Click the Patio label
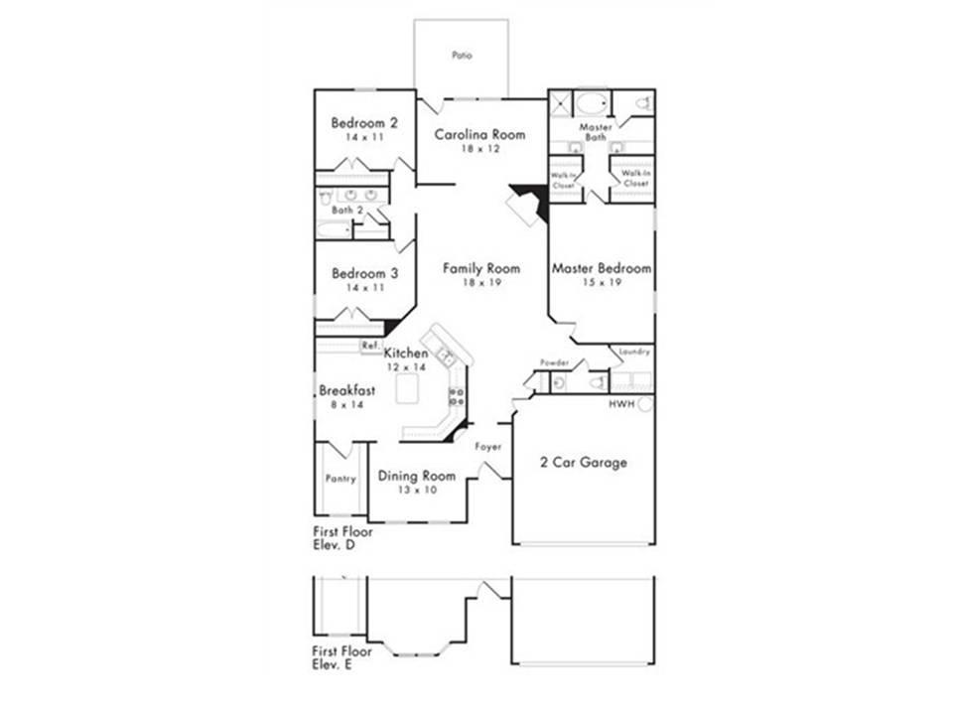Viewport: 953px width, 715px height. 462,56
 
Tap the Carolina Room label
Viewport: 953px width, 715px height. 479,134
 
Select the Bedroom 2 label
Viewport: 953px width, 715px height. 364,123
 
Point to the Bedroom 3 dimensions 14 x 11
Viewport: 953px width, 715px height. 365,288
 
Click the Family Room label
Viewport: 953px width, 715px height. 481,268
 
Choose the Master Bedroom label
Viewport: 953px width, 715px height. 602,268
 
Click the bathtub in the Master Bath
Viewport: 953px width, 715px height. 592,104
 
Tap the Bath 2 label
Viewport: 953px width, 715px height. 347,211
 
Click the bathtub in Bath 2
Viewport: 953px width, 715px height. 334,229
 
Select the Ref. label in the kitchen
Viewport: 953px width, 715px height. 370,346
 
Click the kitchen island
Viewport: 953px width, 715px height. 407,388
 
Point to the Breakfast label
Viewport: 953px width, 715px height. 347,390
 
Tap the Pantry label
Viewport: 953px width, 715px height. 340,479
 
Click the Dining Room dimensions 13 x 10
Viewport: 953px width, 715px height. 417,490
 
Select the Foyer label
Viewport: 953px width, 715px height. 488,447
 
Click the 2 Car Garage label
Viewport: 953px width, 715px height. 584,463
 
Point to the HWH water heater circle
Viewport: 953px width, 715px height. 645,404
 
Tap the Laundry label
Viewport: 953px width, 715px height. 634,352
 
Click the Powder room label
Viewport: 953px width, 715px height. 554,363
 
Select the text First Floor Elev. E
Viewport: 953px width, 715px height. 342,657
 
